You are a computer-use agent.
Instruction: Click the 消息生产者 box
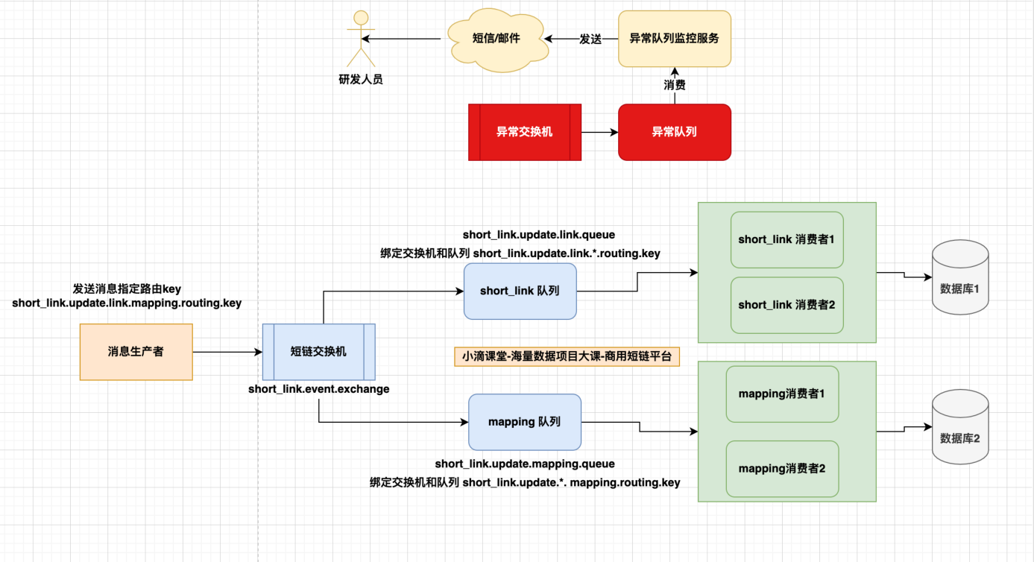click(136, 352)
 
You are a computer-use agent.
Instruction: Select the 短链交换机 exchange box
click(318, 352)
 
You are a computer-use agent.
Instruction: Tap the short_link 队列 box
click(520, 291)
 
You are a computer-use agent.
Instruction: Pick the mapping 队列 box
click(524, 422)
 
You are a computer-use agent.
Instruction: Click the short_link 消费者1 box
click(786, 239)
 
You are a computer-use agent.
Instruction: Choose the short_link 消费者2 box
click(786, 305)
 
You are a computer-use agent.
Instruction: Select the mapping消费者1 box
click(781, 393)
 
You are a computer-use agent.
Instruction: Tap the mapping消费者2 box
click(781, 469)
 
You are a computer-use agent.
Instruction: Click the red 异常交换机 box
click(525, 132)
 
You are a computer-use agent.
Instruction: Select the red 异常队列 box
click(674, 132)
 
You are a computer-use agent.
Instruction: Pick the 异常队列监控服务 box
click(674, 38)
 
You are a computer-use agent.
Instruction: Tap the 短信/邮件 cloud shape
click(496, 39)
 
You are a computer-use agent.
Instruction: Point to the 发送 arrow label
click(590, 39)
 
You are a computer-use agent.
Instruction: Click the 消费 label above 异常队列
click(675, 85)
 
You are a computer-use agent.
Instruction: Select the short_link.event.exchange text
click(318, 389)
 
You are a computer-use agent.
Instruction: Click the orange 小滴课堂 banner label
click(567, 356)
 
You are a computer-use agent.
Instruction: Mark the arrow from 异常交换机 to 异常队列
click(599, 132)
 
